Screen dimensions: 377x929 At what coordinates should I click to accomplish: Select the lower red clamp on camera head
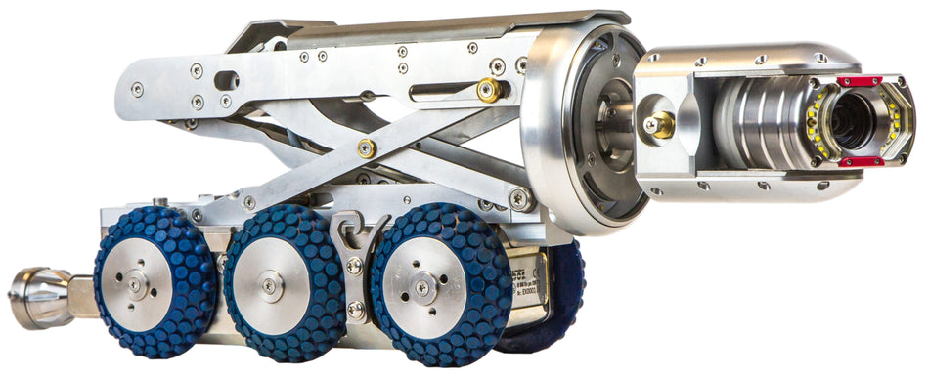(861, 161)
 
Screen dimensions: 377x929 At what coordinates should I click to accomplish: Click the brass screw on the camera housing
(658, 124)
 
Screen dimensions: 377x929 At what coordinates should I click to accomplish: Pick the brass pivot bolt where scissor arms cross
(366, 148)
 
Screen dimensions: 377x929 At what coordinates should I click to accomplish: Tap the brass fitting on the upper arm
(488, 91)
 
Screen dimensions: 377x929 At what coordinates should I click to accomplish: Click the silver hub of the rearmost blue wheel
(136, 283)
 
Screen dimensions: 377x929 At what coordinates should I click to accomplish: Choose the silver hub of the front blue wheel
(422, 287)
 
